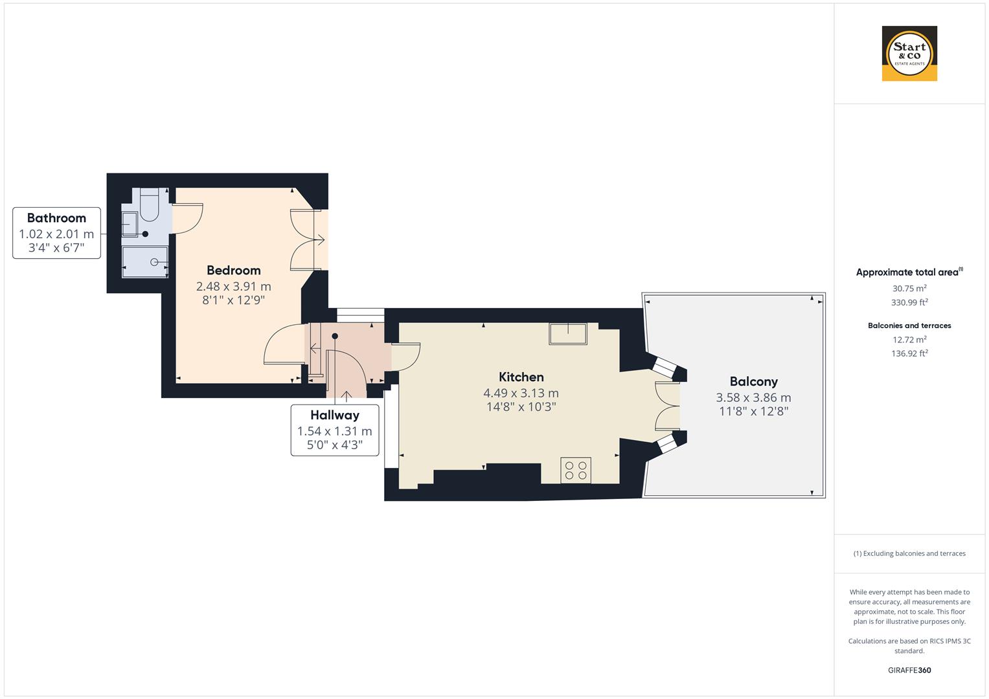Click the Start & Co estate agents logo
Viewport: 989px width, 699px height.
pos(909,54)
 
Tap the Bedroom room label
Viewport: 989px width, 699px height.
pos(233,270)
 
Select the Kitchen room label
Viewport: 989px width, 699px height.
pos(521,377)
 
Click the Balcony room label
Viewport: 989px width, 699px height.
pos(753,381)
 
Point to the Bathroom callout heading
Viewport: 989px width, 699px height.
pos(56,218)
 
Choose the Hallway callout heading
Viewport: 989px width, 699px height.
pos(334,415)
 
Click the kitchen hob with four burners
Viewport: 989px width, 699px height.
pos(575,471)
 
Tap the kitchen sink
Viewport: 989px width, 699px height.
pos(568,333)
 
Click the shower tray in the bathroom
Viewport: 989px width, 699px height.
pos(145,262)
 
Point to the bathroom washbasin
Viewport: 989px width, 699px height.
pos(130,223)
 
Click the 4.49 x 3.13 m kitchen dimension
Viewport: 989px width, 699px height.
pos(521,393)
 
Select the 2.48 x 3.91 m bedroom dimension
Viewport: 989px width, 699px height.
pos(233,286)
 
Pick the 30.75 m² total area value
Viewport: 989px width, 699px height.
pos(909,289)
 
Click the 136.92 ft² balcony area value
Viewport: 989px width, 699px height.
pos(909,353)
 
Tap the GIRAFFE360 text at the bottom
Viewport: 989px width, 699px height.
pos(909,670)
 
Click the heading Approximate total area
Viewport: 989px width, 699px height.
pos(908,272)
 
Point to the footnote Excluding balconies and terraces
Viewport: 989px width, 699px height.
pos(909,553)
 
